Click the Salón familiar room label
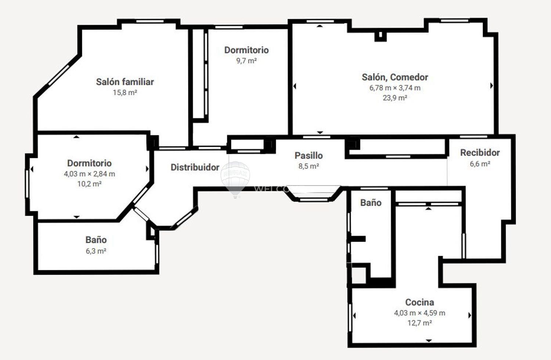pyautogui.click(x=125, y=82)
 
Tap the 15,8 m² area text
pyautogui.click(x=125, y=93)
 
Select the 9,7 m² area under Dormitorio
pyautogui.click(x=246, y=61)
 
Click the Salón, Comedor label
pyautogui.click(x=395, y=77)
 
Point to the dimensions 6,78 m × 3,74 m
pyautogui.click(x=395, y=88)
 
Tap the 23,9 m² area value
pyautogui.click(x=395, y=98)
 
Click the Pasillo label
pyautogui.click(x=309, y=155)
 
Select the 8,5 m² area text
pyautogui.click(x=309, y=166)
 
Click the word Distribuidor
pyautogui.click(x=195, y=168)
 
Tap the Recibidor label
pyautogui.click(x=480, y=152)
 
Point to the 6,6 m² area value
pyautogui.click(x=480, y=163)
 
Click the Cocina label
pyautogui.click(x=419, y=302)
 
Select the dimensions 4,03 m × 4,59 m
pyautogui.click(x=419, y=313)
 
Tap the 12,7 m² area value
pyautogui.click(x=419, y=323)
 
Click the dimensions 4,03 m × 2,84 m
pyautogui.click(x=90, y=174)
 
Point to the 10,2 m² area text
pyautogui.click(x=90, y=184)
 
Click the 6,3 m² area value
pyautogui.click(x=96, y=251)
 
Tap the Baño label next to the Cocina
pyautogui.click(x=371, y=203)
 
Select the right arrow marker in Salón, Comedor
pyautogui.click(x=491, y=86)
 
